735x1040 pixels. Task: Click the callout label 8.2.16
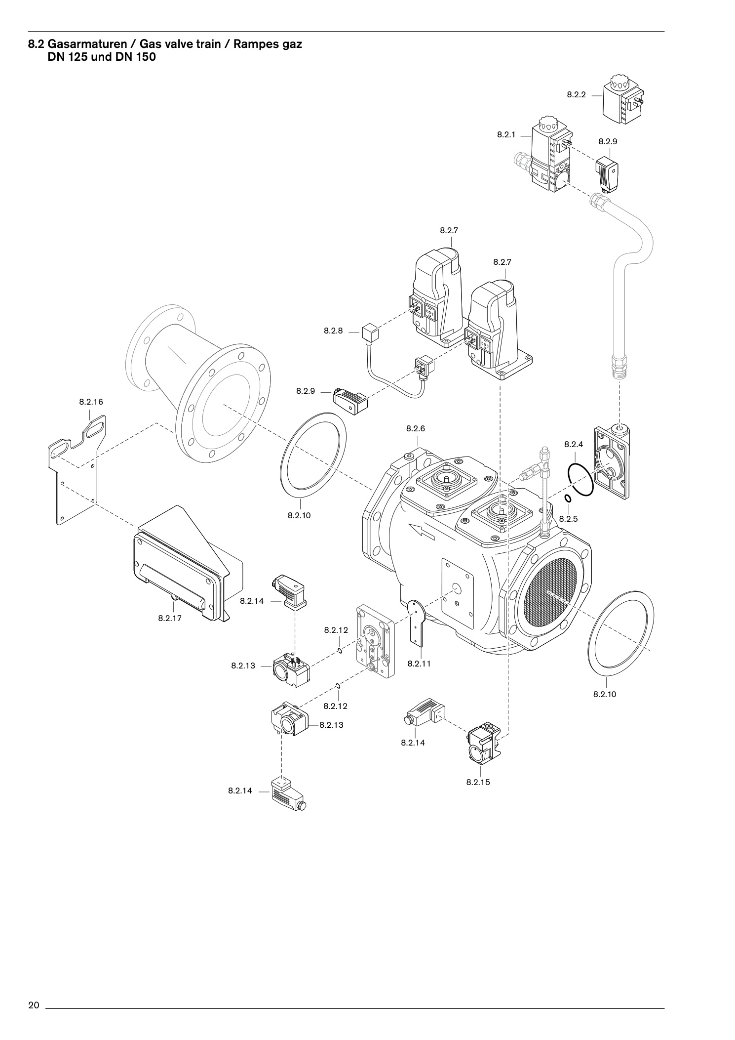tap(91, 402)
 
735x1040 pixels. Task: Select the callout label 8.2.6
tap(415, 428)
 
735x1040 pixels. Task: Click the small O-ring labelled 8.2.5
tap(568, 498)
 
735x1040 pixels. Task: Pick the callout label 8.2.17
tap(170, 618)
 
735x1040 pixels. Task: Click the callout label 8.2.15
tap(478, 782)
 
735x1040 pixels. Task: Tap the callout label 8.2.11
tap(419, 664)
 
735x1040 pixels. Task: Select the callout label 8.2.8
tap(333, 331)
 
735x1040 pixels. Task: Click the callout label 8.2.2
tap(576, 94)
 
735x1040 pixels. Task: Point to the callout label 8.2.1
tap(506, 134)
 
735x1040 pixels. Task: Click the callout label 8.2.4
tap(574, 444)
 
